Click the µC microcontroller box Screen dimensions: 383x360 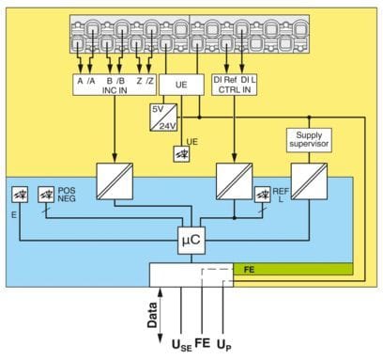point(191,241)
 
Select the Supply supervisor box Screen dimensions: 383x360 point(309,140)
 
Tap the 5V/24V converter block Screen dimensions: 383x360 point(163,117)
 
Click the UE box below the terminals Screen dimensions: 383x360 point(181,85)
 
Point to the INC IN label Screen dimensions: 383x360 point(115,90)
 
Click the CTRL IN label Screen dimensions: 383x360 point(235,89)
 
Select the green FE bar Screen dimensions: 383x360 point(293,269)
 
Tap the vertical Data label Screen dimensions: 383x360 point(152,315)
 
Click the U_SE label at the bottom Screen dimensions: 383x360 point(182,345)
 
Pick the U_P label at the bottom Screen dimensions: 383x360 point(224,345)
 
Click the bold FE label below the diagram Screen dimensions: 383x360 point(203,343)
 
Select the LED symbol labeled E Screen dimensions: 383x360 point(20,195)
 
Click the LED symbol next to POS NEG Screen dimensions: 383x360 point(46,195)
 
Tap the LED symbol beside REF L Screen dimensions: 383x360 point(263,195)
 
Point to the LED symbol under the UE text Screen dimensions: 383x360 point(181,154)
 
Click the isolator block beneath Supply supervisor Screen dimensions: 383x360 point(309,181)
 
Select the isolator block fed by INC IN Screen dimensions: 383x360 point(115,181)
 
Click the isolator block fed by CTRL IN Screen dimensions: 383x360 point(235,181)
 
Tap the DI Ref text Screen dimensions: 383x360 point(225,80)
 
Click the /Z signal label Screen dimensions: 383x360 point(149,81)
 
